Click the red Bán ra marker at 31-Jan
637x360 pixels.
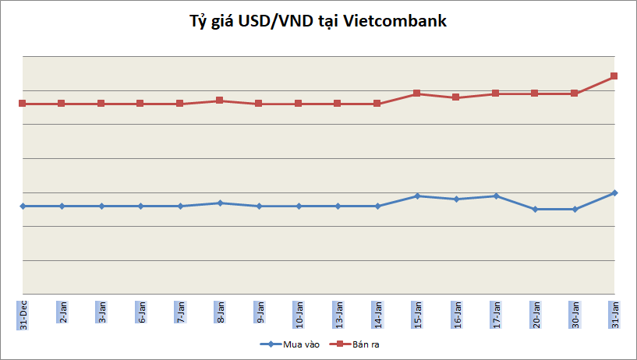coord(614,76)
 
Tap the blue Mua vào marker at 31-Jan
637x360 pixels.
coord(614,192)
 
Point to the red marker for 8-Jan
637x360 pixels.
coord(220,101)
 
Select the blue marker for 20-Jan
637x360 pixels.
coord(536,210)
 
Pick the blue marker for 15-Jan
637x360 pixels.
coord(417,196)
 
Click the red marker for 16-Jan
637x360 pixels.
coord(456,97)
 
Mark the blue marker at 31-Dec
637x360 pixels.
coord(23,206)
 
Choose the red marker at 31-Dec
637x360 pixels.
coord(23,104)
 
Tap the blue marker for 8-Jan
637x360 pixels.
coord(220,203)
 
